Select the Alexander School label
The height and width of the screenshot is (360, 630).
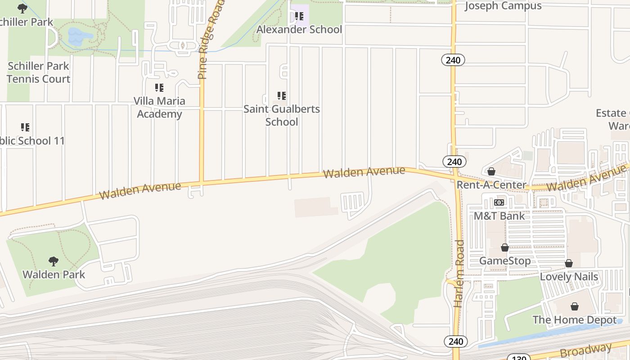click(299, 30)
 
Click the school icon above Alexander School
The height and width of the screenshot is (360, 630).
click(299, 17)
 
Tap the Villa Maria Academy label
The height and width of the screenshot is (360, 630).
click(159, 107)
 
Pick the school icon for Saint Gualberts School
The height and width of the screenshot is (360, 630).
click(282, 96)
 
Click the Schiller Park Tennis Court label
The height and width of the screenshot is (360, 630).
click(38, 72)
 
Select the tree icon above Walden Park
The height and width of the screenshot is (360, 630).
click(54, 261)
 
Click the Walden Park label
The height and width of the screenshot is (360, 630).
click(54, 274)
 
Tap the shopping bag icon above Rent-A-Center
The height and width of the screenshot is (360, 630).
click(491, 171)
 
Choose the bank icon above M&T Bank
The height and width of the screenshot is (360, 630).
click(499, 202)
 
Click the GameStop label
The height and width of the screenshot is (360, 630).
click(505, 261)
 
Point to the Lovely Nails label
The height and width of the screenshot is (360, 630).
click(569, 276)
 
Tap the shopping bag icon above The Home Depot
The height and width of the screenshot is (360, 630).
click(575, 307)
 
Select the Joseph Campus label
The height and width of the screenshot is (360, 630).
click(503, 6)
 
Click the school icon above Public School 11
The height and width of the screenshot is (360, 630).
click(25, 127)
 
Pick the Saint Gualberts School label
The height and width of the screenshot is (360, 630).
click(282, 115)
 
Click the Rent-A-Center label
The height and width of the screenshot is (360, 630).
click(491, 185)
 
